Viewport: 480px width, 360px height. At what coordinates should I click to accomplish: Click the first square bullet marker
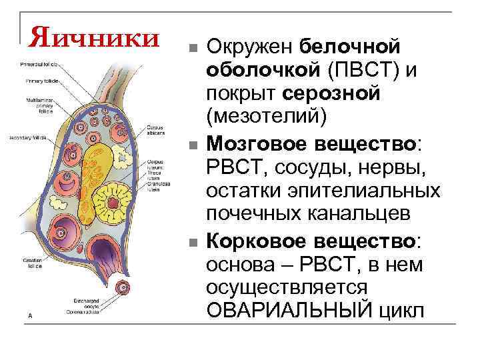click(191, 49)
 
